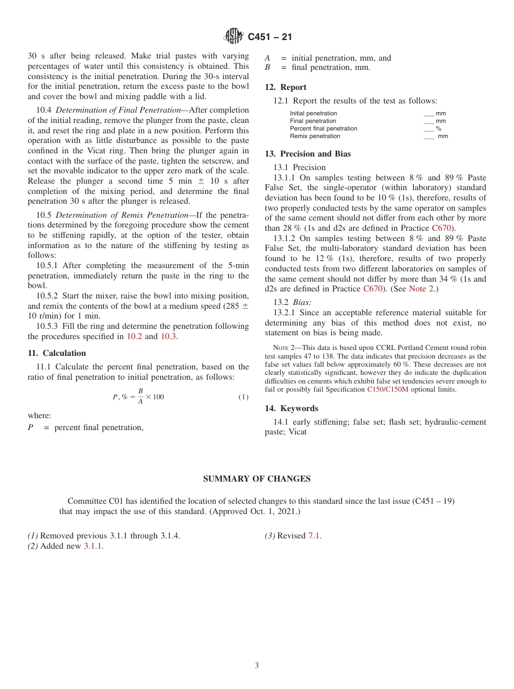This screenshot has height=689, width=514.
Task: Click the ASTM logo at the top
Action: pyautogui.click(x=234, y=36)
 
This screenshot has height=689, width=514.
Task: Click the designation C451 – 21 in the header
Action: pyautogui.click(x=269, y=37)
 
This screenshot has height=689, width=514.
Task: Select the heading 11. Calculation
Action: pyautogui.click(x=57, y=353)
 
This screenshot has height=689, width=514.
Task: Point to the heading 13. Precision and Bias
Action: pyautogui.click(x=307, y=154)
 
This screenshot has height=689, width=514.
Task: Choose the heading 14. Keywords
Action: pyautogui.click(x=291, y=408)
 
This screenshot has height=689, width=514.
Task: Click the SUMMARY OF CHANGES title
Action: pyautogui.click(x=256, y=479)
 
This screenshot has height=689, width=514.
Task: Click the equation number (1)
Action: pyautogui.click(x=243, y=397)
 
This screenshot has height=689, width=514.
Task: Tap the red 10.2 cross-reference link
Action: pyautogui.click(x=134, y=336)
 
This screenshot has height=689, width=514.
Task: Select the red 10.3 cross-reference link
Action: pyautogui.click(x=168, y=336)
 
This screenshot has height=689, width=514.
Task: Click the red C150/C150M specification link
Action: pyautogui.click(x=387, y=389)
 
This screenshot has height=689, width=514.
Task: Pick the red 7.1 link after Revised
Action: pyautogui.click(x=314, y=536)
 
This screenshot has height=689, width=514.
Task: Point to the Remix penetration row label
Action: pyautogui.click(x=315, y=136)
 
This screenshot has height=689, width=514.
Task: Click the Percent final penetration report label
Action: pyautogui.click(x=324, y=129)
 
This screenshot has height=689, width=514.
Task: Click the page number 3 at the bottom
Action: pyautogui.click(x=257, y=666)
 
